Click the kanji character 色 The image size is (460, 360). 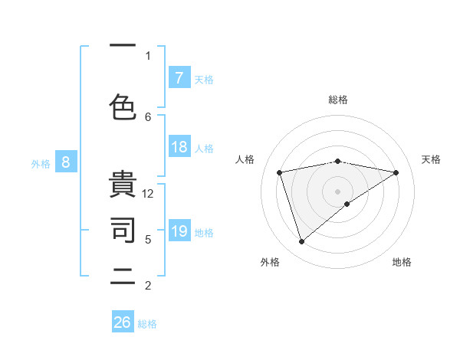pos(123,105)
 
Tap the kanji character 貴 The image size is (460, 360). pos(123,186)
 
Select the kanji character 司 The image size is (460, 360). pos(123,229)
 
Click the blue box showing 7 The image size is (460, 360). pos(179,78)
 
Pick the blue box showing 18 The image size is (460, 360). pos(179,147)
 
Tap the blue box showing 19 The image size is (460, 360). pos(179,231)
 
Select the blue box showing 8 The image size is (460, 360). pos(65,162)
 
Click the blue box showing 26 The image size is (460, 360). pos(123,322)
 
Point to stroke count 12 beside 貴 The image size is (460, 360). pos(148,194)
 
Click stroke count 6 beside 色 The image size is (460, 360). pos(148,116)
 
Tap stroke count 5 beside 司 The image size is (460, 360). pos(148,240)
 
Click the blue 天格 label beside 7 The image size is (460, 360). pos(204,79)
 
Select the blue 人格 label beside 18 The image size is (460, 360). pos(204,148)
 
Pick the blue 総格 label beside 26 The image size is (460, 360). pos(147,323)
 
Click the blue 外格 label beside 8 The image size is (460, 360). pos(40,163)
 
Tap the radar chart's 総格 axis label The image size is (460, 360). pos(338,100)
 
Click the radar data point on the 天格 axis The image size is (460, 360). pos(396,172)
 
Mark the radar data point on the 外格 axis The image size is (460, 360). pos(301,241)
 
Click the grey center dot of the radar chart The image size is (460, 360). pos(338,191)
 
